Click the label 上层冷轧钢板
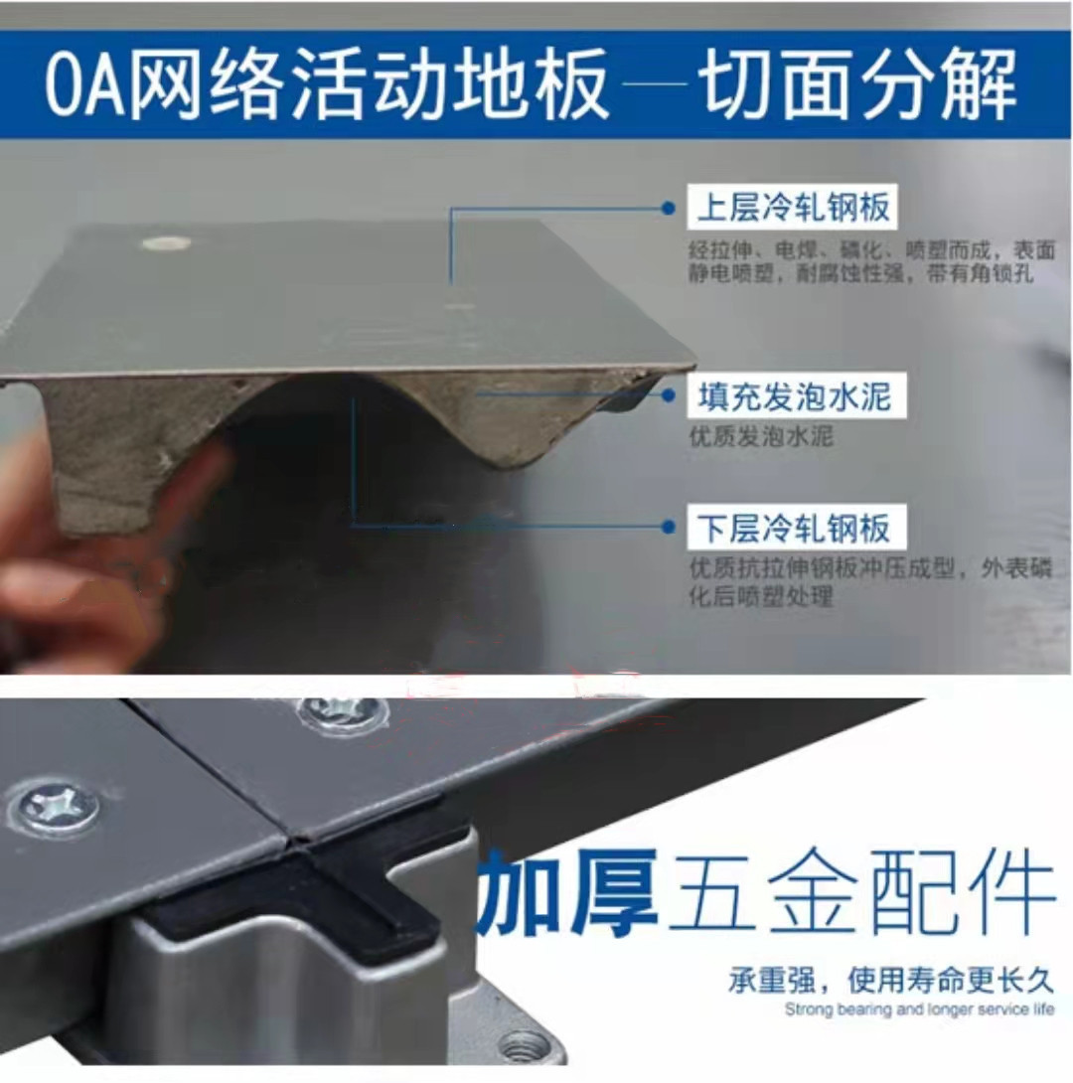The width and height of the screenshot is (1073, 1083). pyautogui.click(x=793, y=207)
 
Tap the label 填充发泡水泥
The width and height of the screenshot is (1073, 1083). pyautogui.click(x=796, y=395)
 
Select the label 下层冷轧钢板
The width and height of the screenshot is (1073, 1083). pyautogui.click(x=796, y=528)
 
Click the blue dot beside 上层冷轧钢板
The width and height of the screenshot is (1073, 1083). pyautogui.click(x=668, y=208)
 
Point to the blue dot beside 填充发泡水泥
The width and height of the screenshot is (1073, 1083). pyautogui.click(x=668, y=395)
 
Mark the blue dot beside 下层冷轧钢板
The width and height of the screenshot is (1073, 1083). pyautogui.click(x=668, y=527)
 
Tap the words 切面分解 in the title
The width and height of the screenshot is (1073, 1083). pyautogui.click(x=856, y=84)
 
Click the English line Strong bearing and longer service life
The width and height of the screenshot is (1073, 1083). pyautogui.click(x=919, y=1009)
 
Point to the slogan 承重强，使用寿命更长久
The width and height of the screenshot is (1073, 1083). pyautogui.click(x=891, y=979)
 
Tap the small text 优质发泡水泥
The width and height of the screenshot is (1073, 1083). pyautogui.click(x=761, y=436)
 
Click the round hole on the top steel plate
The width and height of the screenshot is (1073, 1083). pyautogui.click(x=165, y=243)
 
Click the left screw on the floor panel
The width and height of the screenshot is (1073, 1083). pyautogui.click(x=54, y=806)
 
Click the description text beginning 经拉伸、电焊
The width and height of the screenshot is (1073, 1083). pyautogui.click(x=871, y=261)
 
